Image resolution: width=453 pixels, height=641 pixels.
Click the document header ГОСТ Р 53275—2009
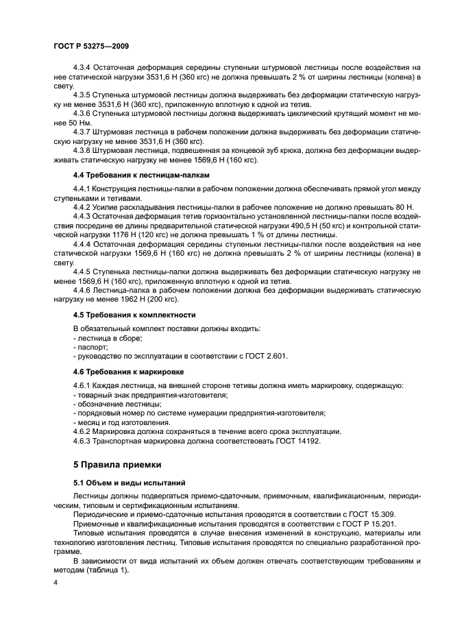coord(89,45)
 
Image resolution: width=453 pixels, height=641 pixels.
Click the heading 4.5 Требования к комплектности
coord(125,315)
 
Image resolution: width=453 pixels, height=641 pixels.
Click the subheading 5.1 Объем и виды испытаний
coord(120,483)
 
